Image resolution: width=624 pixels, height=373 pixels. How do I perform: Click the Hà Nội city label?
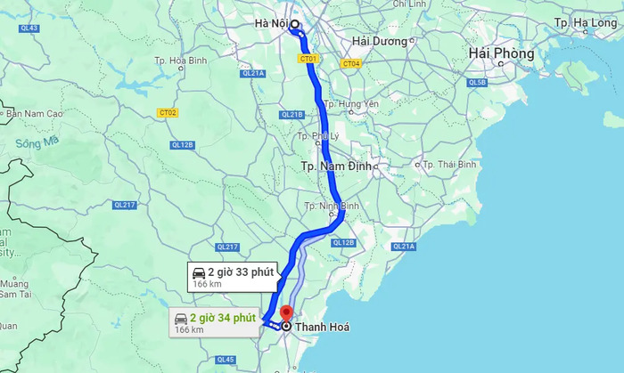(x=271, y=25)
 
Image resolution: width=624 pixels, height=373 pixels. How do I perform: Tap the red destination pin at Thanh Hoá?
(x=286, y=314)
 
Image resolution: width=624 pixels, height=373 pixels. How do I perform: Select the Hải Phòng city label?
(x=501, y=54)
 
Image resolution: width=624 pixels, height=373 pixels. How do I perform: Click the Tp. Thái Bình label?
(x=449, y=165)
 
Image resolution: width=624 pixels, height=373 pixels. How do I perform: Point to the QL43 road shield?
(x=29, y=28)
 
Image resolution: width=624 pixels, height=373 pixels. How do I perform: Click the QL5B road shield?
(x=477, y=83)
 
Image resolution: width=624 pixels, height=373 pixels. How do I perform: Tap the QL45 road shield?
(x=226, y=360)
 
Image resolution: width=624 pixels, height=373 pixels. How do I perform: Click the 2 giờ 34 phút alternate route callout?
(x=215, y=321)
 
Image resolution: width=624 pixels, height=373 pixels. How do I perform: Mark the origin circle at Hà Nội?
(x=295, y=26)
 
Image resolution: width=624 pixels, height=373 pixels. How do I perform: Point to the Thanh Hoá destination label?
(x=322, y=328)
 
